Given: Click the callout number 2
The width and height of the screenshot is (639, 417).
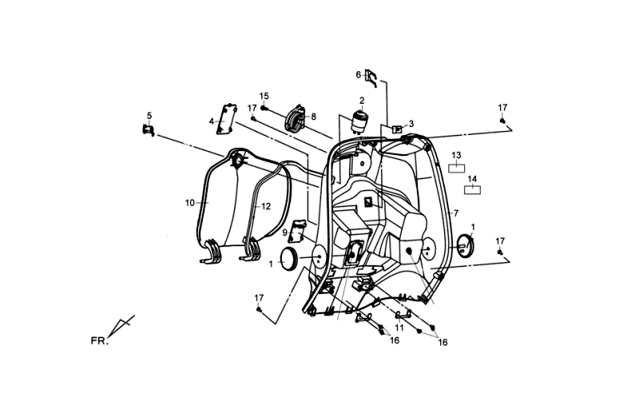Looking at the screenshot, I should pos(361,101).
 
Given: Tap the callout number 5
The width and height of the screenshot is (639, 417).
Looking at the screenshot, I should pos(149,115).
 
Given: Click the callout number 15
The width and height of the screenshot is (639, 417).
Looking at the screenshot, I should pos(264,97).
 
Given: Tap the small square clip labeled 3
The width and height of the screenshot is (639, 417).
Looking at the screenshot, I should pos(396,128).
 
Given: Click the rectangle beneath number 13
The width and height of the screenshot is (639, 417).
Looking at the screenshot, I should pos(456,168).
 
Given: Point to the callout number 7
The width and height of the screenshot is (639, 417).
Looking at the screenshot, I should pos(456,213).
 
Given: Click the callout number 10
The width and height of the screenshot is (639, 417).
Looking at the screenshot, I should pos(190,203).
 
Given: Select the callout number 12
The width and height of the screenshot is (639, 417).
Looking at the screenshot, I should pos(267,206).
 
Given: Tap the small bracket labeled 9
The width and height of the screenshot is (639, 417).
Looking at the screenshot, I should pos(298,232).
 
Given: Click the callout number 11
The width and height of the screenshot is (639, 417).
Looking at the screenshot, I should pos(399,328).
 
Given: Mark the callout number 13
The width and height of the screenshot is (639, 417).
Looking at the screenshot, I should pos(456,155).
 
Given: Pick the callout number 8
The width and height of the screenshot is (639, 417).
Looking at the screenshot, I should pos(313,117).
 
